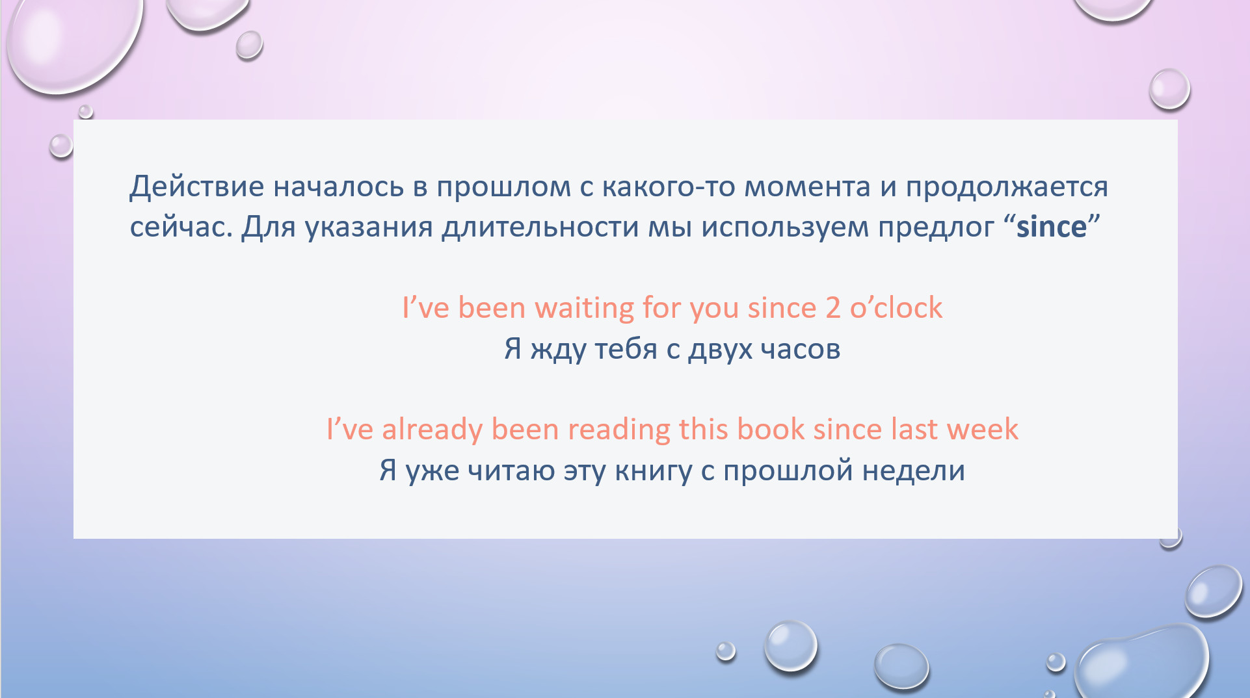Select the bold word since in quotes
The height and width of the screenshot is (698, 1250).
1051,227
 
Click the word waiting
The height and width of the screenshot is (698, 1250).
584,309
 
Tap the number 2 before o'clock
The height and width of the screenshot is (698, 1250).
833,308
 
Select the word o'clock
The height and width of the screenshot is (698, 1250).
896,307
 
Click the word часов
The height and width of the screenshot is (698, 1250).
801,350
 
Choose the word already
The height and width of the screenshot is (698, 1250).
432,430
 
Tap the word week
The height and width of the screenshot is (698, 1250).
982,429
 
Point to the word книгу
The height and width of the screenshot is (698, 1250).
653,471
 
